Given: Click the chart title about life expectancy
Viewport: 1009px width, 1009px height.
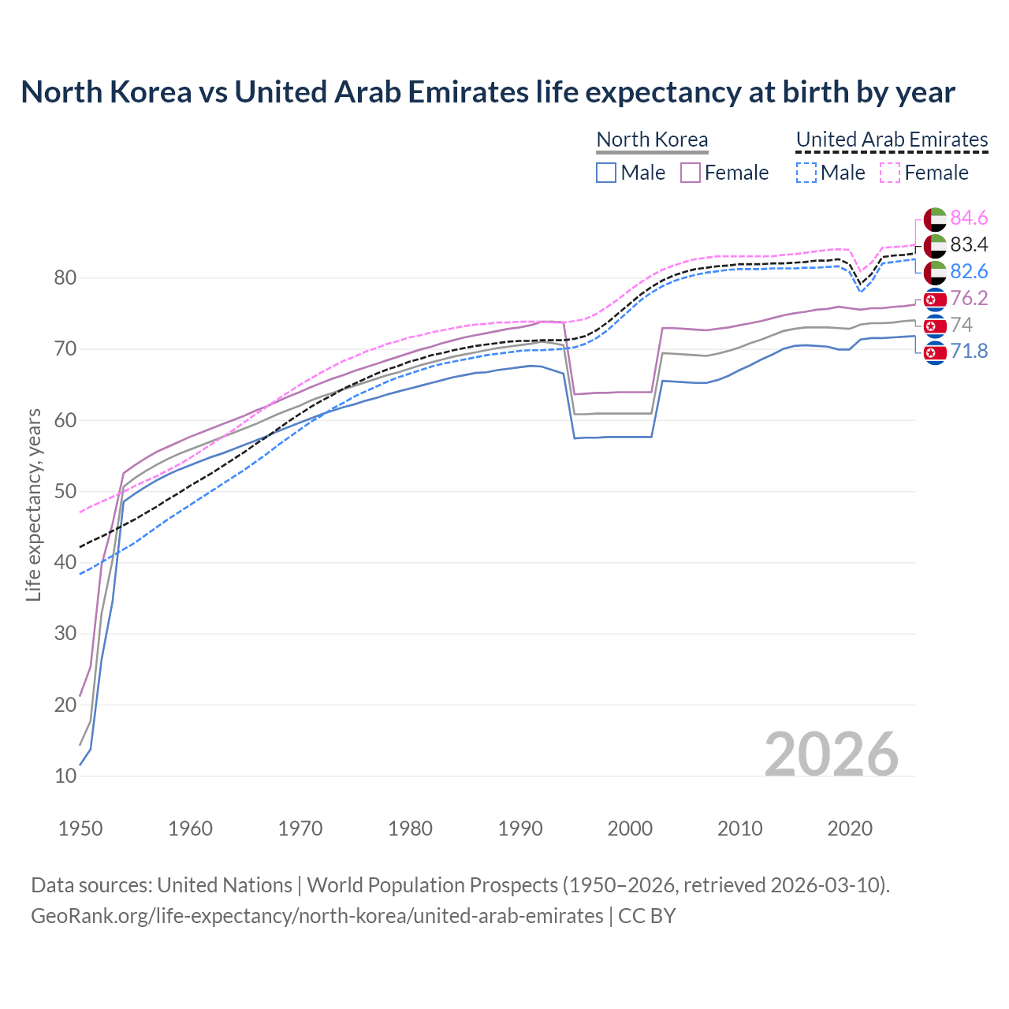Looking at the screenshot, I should [488, 92].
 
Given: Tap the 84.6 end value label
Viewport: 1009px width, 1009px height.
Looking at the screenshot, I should [969, 218].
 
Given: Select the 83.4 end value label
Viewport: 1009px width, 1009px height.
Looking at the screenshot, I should [969, 244].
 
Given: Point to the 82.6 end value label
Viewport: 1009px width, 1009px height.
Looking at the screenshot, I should [969, 271].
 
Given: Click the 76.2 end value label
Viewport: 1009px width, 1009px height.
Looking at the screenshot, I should [969, 298].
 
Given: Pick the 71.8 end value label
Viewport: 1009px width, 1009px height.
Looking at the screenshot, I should [969, 351].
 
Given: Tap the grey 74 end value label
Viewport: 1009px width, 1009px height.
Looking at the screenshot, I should [961, 325].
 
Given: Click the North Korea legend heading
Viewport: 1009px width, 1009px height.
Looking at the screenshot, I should [652, 140].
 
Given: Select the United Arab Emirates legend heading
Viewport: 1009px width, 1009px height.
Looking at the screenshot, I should [892, 140].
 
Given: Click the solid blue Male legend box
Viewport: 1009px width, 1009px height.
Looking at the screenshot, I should [606, 173].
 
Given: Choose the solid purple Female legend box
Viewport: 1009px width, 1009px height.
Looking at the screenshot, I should [691, 173].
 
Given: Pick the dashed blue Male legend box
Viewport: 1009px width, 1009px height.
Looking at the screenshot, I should [806, 173].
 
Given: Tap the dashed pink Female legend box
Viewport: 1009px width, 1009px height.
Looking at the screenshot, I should [890, 173].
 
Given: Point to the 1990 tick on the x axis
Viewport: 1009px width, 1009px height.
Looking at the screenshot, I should [520, 828].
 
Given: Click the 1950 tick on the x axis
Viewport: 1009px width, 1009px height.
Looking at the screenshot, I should [80, 828].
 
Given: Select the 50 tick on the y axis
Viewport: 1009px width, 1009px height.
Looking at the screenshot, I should [65, 491].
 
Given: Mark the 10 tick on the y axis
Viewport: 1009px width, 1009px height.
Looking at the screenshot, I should [65, 776].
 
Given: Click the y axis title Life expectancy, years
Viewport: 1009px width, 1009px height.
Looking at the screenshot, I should [34, 504].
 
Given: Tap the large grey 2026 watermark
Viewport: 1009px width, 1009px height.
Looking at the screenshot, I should [831, 754].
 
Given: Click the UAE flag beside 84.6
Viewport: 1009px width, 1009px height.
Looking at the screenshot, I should [935, 219].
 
